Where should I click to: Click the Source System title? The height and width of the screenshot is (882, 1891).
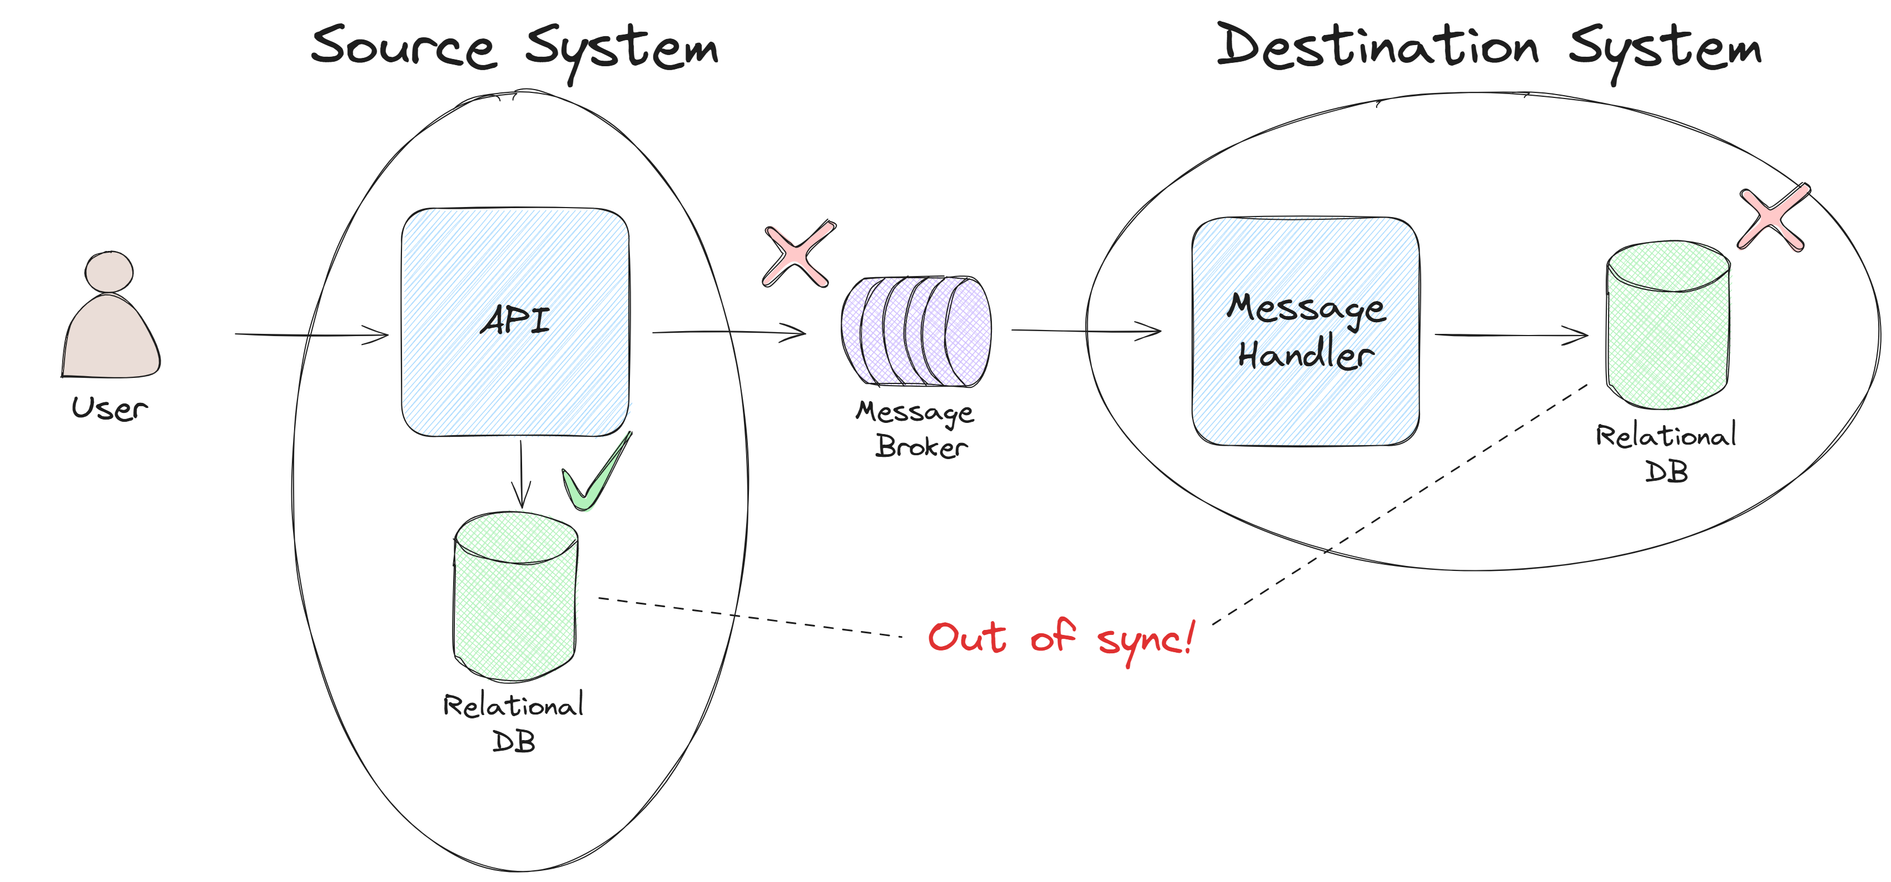click(514, 48)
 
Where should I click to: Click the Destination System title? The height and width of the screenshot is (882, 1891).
click(1488, 48)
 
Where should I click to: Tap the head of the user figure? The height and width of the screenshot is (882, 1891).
click(108, 272)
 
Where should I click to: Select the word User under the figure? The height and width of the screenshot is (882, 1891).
click(110, 408)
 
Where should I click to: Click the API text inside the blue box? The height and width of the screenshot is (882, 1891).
click(515, 320)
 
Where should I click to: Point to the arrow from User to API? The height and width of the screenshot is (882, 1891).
click(311, 335)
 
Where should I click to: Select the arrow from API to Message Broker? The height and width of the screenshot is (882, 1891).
click(728, 333)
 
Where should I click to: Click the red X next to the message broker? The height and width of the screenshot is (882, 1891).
click(798, 255)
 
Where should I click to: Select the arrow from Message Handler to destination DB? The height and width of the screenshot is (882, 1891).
click(1511, 335)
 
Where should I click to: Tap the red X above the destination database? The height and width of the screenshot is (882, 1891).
click(1773, 218)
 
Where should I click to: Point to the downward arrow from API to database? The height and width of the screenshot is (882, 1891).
click(521, 474)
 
